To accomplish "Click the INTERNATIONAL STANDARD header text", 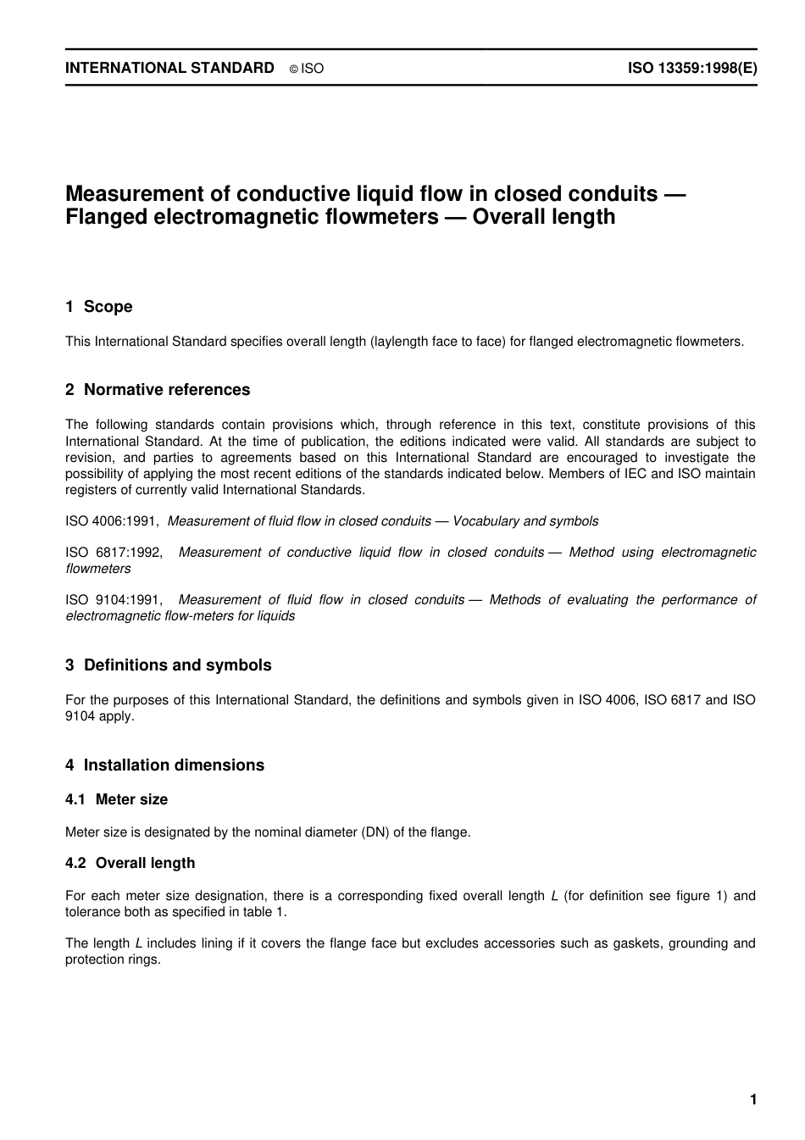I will pyautogui.click(x=169, y=69).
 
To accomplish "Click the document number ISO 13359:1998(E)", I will pyautogui.click(x=691, y=69).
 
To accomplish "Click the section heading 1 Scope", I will pyautogui.click(x=99, y=307).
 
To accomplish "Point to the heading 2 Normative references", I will pyautogui.click(x=158, y=390).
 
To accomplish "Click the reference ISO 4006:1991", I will pyautogui.click(x=111, y=521).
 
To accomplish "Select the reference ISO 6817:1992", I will pyautogui.click(x=114, y=553).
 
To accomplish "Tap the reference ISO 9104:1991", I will pyautogui.click(x=114, y=600).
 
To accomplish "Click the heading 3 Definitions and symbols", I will pyautogui.click(x=169, y=665).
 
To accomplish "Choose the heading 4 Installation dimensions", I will pyautogui.click(x=164, y=765).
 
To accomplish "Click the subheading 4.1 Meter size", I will pyautogui.click(x=117, y=799).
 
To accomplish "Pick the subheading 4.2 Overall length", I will pyautogui.click(x=130, y=863).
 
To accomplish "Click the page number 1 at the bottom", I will pyautogui.click(x=752, y=1100).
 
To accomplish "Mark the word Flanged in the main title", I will pyautogui.click(x=106, y=217).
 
